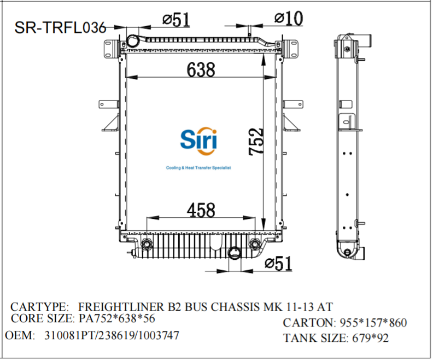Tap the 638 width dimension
(x=201, y=69)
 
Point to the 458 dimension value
(x=201, y=210)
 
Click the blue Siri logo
(x=198, y=141)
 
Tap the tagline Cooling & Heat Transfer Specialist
(x=198, y=168)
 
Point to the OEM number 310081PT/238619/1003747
(x=112, y=335)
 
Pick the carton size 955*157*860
(x=373, y=323)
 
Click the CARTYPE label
(x=40, y=307)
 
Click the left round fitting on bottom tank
(x=147, y=244)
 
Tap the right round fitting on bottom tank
(x=255, y=244)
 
